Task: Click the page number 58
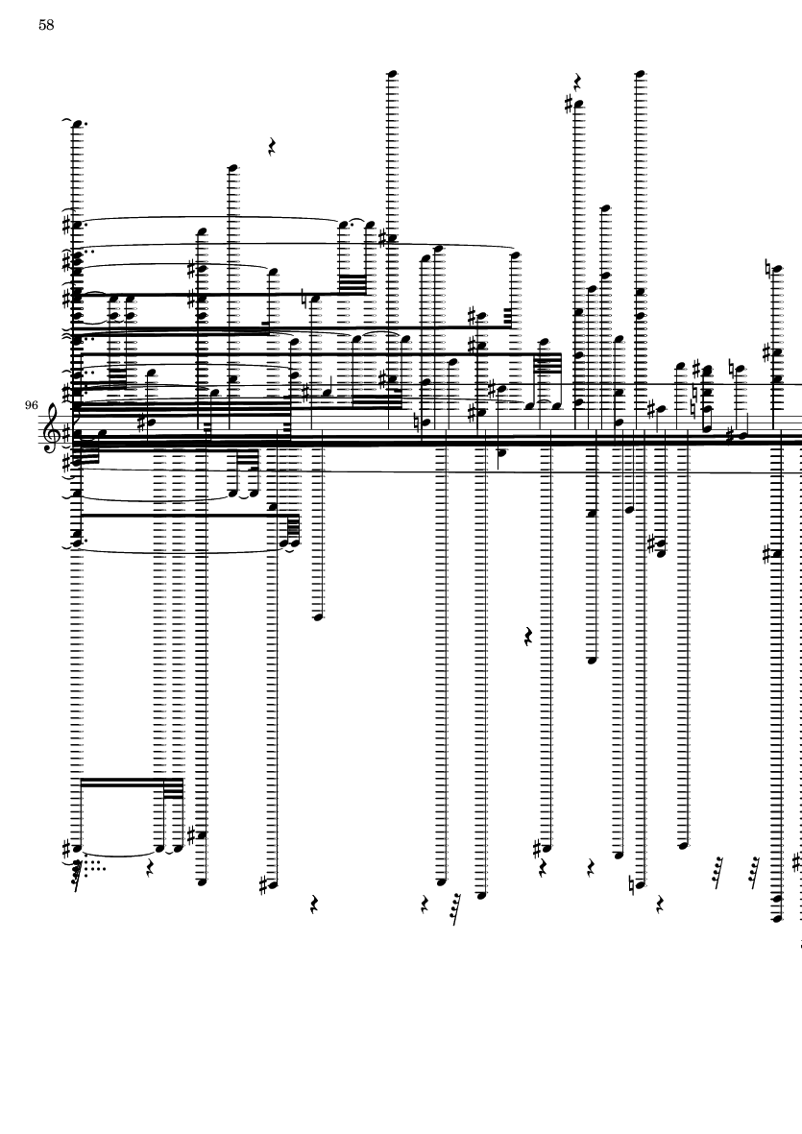pos(46,25)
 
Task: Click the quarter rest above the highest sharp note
pos(578,81)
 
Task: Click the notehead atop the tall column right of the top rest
pos(641,72)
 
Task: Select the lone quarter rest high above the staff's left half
pos(273,147)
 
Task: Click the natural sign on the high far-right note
pos(768,269)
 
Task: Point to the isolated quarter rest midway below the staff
pos(528,636)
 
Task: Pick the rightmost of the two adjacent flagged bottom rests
pos(755,868)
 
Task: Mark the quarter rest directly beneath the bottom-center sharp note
pos(544,867)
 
